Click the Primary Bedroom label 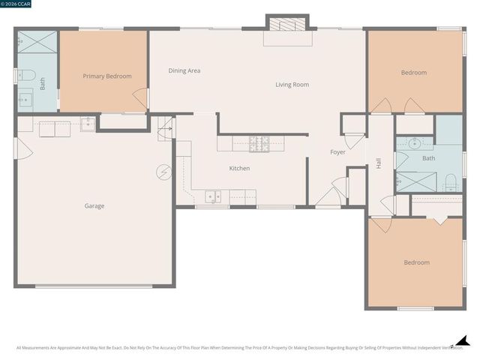coord(107,76)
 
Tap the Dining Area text coord(184,70)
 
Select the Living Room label coord(292,85)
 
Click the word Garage coord(94,205)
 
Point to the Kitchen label coord(239,168)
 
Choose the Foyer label coord(338,152)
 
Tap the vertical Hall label coord(379,161)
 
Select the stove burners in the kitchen coord(259,142)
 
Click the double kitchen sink coord(214,197)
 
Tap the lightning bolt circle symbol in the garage coord(163,172)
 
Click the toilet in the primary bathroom coord(25,74)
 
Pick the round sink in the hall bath coord(415,143)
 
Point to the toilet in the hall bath coord(451,181)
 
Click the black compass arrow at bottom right coord(462,341)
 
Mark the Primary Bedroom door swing coord(139,97)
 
